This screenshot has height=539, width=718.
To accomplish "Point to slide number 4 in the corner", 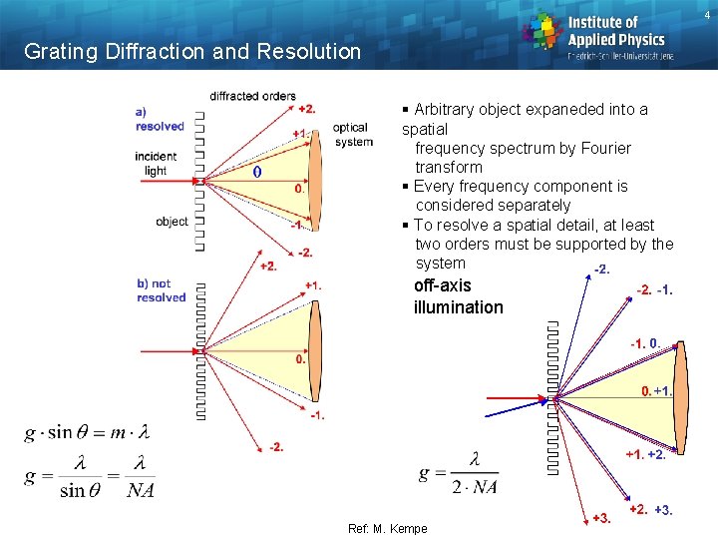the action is pos(707,13).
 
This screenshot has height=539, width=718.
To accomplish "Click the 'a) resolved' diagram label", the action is pos(160,119).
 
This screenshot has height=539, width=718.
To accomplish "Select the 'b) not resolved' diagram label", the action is pos(161,290).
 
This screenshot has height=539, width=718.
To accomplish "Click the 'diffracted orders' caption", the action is pos(252,96).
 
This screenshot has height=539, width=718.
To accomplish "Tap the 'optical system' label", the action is pos(351,135).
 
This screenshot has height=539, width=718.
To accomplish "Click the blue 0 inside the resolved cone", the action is pos(258,172).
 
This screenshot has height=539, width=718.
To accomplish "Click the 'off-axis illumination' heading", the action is pos(458,296).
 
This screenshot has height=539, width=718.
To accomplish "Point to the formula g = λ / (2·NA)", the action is pos(459,473).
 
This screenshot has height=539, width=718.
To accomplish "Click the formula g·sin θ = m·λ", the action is pos(87,432).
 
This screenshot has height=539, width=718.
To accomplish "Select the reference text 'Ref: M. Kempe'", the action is pos(387,529).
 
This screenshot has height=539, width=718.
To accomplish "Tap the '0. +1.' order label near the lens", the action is pos(656,390).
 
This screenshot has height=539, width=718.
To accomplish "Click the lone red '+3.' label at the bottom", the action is pos(601,517).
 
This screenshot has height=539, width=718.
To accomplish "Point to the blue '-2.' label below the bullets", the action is pos(601,269).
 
